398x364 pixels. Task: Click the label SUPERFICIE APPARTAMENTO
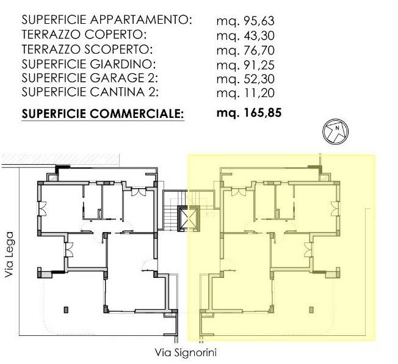(x=107, y=20)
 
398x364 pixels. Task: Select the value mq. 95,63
(x=247, y=20)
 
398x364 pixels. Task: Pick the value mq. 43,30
(x=247, y=35)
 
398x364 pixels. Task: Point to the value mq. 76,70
(x=247, y=49)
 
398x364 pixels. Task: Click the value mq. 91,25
(x=247, y=64)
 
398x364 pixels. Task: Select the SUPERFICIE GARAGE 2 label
(x=90, y=78)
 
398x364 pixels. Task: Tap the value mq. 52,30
(x=247, y=78)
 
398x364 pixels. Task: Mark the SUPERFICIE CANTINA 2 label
(x=91, y=93)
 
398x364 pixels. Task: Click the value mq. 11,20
(x=247, y=93)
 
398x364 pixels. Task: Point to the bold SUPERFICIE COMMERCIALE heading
(x=103, y=113)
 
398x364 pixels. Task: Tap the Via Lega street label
(x=9, y=253)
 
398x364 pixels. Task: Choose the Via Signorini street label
(x=186, y=352)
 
